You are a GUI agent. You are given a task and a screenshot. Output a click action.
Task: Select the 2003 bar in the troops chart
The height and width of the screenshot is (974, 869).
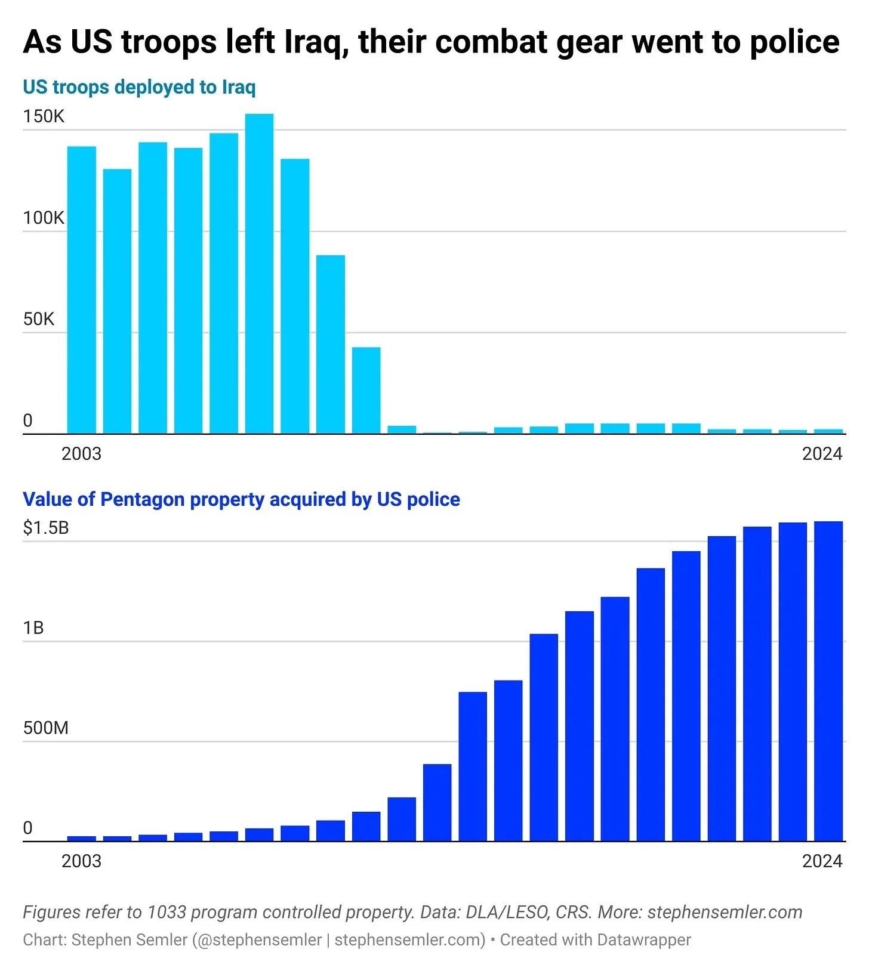[81, 290]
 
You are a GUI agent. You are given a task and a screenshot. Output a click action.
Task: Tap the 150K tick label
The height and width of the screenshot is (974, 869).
[44, 116]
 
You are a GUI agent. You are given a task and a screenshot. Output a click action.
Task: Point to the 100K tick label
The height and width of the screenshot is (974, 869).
[44, 218]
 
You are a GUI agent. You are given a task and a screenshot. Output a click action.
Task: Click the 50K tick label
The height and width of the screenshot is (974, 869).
[39, 319]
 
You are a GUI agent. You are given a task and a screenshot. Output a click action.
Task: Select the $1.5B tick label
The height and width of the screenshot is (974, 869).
[46, 528]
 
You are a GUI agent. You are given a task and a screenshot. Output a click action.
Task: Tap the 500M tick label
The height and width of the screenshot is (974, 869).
[46, 728]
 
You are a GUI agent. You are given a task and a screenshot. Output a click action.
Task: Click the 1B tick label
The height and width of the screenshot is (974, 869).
[33, 628]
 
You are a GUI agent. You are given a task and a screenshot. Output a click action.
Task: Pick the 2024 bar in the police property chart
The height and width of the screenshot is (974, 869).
[828, 681]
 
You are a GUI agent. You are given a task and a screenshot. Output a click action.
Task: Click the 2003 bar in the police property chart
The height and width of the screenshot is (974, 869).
[81, 838]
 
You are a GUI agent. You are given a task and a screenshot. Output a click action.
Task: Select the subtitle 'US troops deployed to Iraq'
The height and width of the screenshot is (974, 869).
[139, 87]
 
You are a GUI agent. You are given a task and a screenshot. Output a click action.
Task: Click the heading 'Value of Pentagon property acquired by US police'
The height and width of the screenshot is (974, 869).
[241, 499]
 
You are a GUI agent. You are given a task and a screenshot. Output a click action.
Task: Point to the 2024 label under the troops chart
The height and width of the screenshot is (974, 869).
[822, 454]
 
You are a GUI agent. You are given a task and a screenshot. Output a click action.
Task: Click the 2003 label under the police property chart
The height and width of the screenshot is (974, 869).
[81, 861]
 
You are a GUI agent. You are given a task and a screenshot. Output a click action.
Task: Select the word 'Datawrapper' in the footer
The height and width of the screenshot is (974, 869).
[643, 940]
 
